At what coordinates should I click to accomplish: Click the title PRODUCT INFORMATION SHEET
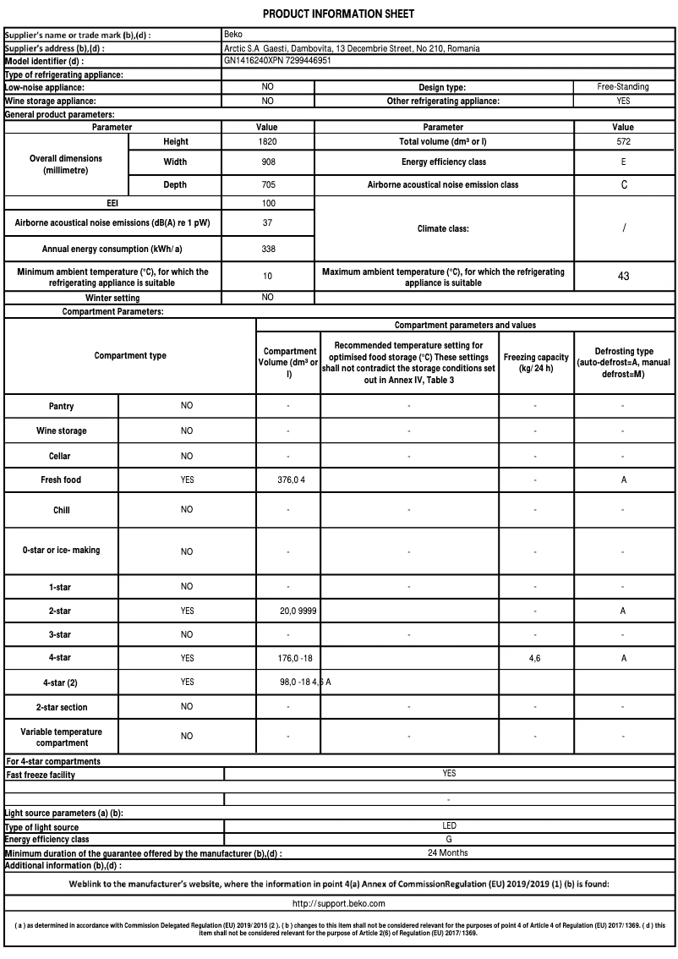338,14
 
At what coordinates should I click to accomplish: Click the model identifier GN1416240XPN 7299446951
277,61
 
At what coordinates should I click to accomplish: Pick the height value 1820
268,142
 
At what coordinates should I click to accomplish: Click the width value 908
268,162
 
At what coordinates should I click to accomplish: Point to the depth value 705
268,184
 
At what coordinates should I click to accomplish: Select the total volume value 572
623,142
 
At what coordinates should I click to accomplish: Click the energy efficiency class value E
623,162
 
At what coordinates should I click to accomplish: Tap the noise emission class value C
623,184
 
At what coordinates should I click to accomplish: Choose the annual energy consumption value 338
268,249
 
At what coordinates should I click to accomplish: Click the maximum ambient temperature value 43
623,277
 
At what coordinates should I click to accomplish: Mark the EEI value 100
268,203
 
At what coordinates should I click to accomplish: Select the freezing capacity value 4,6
535,658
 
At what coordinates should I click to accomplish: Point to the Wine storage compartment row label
61,431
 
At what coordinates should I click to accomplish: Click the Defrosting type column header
623,362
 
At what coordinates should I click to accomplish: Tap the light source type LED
449,825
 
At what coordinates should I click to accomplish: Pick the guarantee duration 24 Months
448,852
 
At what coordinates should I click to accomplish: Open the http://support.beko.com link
338,904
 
